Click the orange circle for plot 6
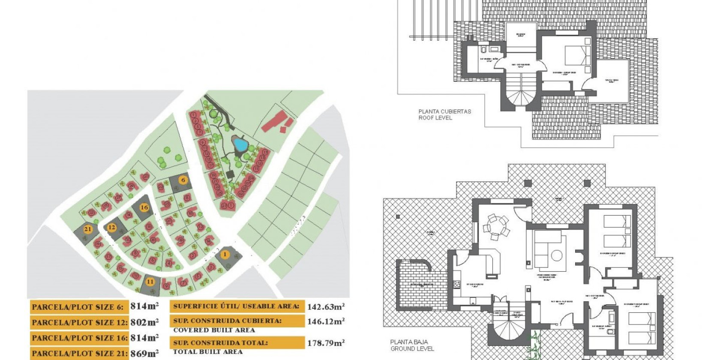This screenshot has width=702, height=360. [183, 180]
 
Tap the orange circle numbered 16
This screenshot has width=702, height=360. [144, 207]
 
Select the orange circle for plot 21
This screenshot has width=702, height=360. [88, 229]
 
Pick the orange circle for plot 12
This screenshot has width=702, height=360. [112, 227]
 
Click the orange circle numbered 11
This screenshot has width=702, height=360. [150, 282]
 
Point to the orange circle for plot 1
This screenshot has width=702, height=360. [225, 255]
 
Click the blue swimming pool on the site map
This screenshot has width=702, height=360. [239, 144]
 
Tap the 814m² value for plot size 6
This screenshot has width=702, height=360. [144, 306]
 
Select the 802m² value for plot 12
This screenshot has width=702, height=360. [144, 322]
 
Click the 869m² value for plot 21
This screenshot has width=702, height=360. [144, 354]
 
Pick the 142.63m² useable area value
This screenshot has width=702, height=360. [326, 306]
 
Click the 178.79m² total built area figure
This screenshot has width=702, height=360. [326, 343]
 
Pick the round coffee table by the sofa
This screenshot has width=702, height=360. [557, 256]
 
